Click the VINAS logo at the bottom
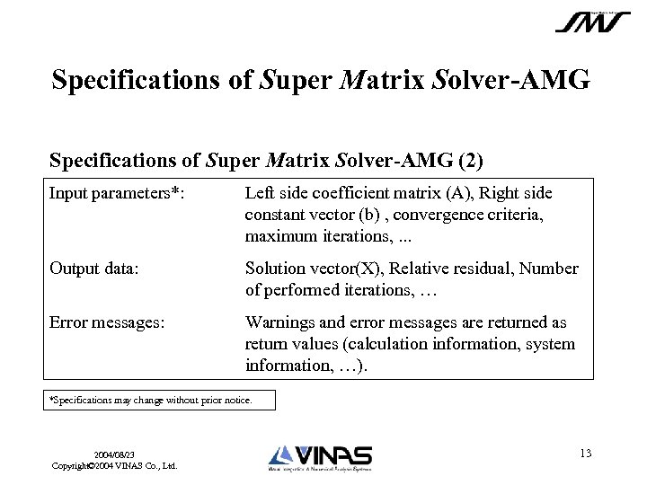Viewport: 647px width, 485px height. (320, 457)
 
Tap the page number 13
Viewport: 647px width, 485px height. (585, 454)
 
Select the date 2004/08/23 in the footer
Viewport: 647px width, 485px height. (114, 455)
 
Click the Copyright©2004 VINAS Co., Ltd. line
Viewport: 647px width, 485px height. (114, 466)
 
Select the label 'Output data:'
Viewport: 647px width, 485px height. (93, 269)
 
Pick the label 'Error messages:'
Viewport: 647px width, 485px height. (107, 322)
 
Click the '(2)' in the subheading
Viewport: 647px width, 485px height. (470, 161)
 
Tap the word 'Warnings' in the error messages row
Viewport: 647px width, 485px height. (279, 322)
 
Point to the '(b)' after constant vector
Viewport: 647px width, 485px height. (364, 215)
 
